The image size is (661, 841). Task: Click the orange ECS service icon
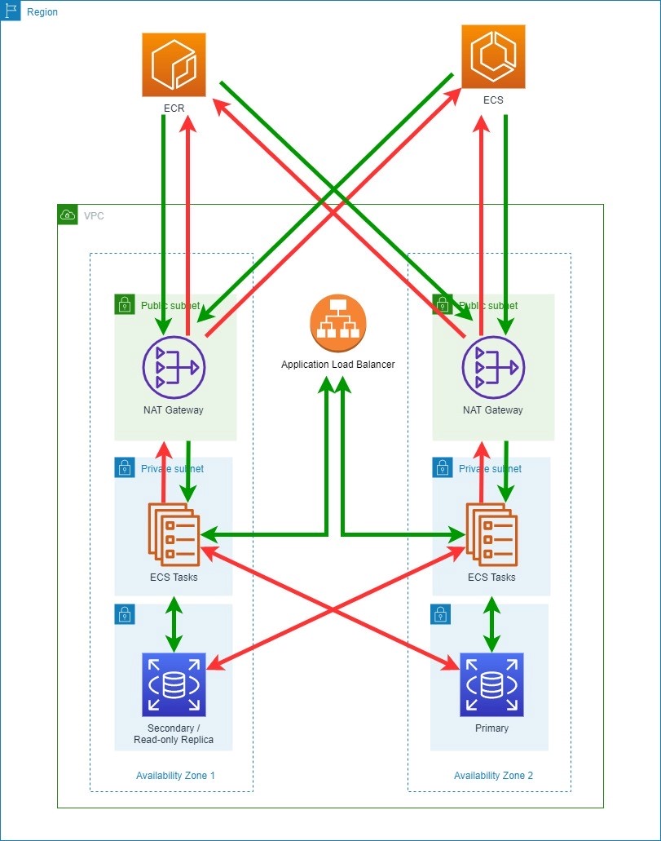493,56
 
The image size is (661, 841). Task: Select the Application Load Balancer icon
337,322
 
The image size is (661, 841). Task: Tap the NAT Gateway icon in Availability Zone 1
174,366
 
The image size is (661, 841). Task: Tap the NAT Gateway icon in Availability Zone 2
493,366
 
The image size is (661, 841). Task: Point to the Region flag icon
11,11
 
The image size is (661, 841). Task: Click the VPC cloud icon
68,215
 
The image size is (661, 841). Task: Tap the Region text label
42,12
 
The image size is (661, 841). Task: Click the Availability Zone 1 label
175,775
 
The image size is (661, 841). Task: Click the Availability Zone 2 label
493,775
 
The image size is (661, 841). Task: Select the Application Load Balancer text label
337,365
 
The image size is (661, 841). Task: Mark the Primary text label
491,728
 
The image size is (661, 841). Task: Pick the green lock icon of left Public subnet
124,304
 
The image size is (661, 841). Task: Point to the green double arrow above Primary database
491,624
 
